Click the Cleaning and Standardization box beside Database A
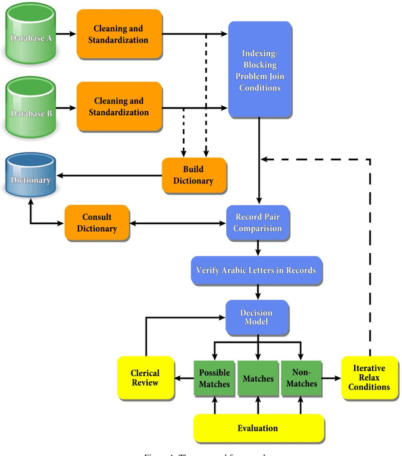click(119, 34)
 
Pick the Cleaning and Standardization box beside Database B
click(119, 107)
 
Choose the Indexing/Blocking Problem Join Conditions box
click(259, 69)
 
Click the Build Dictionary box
click(193, 175)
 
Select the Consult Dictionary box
click(97, 222)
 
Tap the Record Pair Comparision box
click(258, 222)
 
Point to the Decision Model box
click(258, 317)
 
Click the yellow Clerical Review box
click(144, 378)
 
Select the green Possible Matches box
click(215, 378)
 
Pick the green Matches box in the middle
click(258, 378)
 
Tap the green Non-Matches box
click(300, 378)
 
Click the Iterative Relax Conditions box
click(369, 377)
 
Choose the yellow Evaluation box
click(258, 428)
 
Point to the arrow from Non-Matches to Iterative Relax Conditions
click(330, 378)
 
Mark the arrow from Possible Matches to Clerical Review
click(184, 378)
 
